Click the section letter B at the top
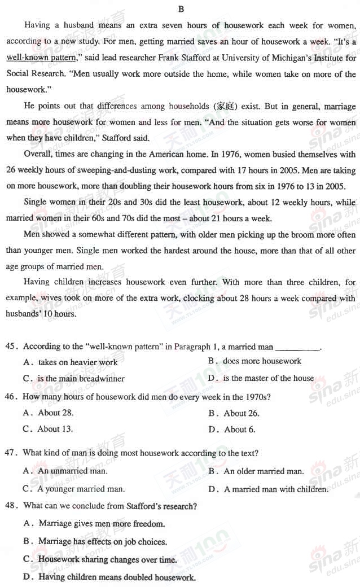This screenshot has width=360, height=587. [181, 8]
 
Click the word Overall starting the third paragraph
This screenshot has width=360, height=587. [38, 154]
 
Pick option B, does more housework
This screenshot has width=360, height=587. [262, 361]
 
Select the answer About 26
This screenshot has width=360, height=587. [241, 413]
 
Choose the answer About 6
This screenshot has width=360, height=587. [239, 430]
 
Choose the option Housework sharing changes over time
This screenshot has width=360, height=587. [107, 560]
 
